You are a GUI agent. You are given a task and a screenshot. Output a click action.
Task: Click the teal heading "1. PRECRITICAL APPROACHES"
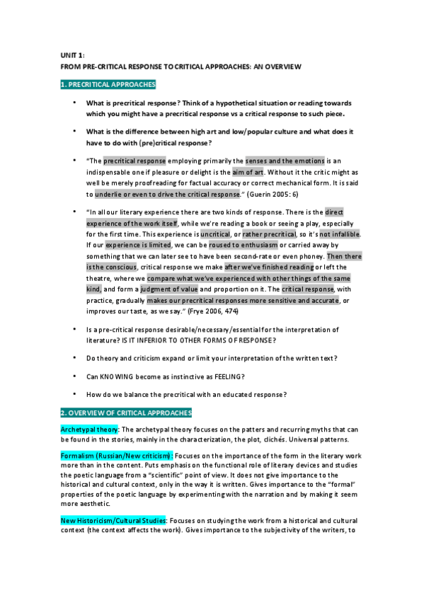click(x=108, y=84)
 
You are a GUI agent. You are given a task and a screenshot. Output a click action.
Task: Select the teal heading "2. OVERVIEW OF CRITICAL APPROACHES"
click(x=126, y=412)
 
